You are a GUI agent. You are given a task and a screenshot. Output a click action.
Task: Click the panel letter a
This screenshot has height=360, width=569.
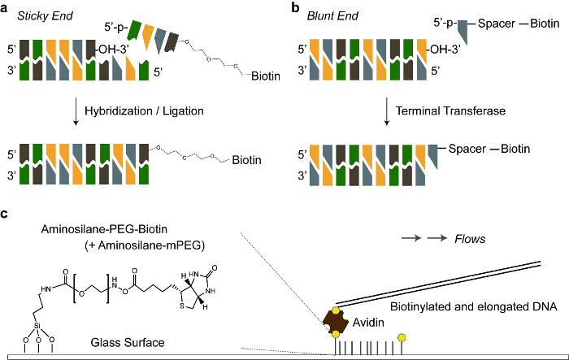(4, 8)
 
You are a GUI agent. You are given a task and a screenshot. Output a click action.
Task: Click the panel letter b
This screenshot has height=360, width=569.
(295, 7)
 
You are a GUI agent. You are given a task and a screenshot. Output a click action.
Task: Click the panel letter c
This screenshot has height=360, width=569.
(4, 214)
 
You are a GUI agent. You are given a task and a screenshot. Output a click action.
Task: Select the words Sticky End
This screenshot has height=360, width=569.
(45, 16)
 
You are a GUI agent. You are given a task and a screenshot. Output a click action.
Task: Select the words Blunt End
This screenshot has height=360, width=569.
(332, 16)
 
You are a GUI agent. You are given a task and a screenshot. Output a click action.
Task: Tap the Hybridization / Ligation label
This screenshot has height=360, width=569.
(144, 111)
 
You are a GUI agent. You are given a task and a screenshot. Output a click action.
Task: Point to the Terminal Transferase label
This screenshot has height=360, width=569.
(450, 111)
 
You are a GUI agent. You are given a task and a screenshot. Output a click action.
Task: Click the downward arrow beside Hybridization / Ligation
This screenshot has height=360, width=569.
(76, 111)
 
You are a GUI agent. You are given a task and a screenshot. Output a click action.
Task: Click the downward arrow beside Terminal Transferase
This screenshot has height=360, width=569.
(386, 111)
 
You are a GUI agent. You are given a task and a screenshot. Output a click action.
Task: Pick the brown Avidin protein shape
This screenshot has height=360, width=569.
(336, 323)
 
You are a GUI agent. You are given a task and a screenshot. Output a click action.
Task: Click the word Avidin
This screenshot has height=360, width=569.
(368, 323)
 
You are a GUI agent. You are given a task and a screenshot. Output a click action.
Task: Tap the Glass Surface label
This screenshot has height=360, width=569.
(128, 342)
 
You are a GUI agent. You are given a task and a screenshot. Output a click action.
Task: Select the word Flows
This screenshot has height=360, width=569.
(470, 239)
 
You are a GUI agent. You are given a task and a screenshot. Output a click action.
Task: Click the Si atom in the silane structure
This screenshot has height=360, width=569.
(37, 326)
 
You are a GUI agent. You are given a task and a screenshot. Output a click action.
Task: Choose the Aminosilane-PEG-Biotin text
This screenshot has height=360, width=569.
(104, 229)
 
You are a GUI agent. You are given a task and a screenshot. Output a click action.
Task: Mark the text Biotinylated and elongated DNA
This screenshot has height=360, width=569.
(474, 306)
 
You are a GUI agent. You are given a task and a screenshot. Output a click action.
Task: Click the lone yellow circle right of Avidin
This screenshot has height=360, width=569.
(402, 338)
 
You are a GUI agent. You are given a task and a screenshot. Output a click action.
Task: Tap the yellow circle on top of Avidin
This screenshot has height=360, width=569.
(336, 310)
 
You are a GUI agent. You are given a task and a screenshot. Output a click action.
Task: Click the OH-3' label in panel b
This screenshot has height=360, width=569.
(445, 49)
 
